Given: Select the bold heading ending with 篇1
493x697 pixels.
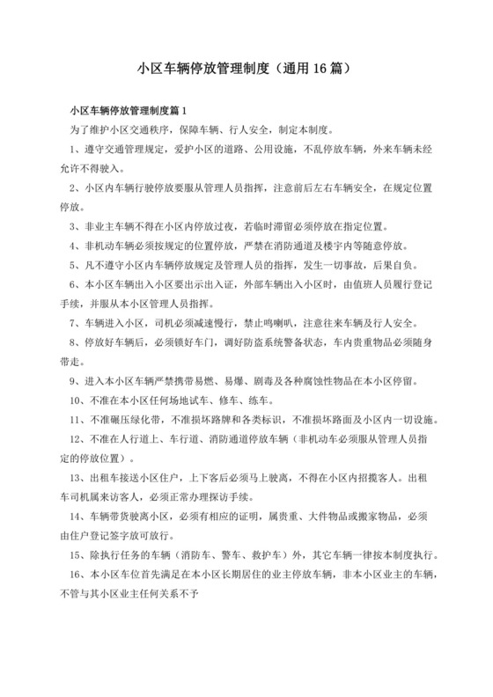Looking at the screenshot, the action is pos(129,112).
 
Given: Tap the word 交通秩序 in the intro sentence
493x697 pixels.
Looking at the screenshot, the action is pos(172,129).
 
